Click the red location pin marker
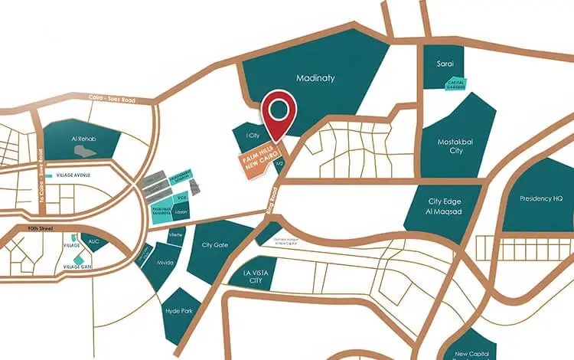coord(279,113)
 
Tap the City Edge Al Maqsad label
coord(447,206)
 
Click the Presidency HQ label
coord(540,198)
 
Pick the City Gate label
coord(215,245)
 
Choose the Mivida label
coord(165,263)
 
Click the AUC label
coord(94,241)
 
